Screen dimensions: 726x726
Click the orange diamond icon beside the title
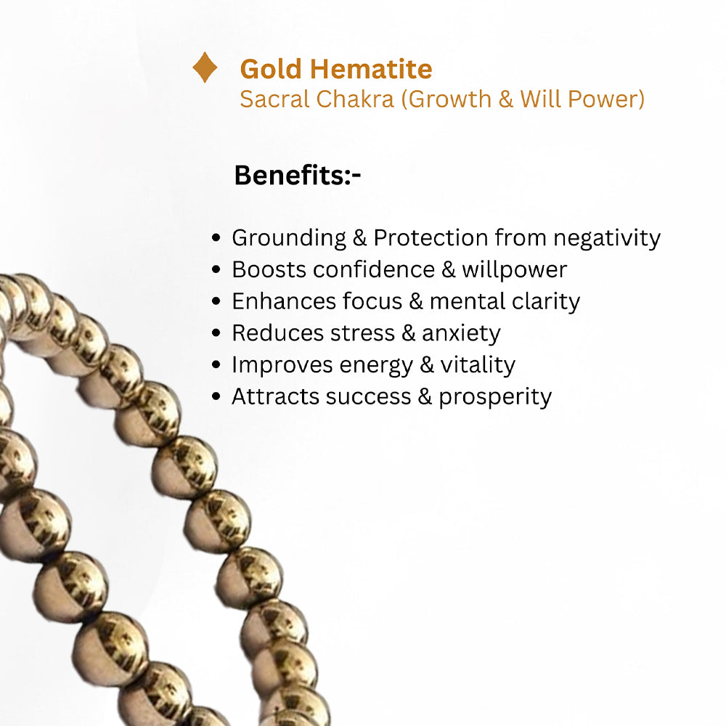click(x=205, y=68)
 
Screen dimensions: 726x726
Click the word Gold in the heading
click(x=272, y=69)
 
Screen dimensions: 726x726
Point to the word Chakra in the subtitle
click(x=356, y=99)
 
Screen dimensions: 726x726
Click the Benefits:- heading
click(x=298, y=176)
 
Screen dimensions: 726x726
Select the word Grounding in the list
click(x=279, y=238)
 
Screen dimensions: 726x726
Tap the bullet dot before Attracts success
click(x=216, y=397)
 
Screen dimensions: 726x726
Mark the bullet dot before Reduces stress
click(x=216, y=333)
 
